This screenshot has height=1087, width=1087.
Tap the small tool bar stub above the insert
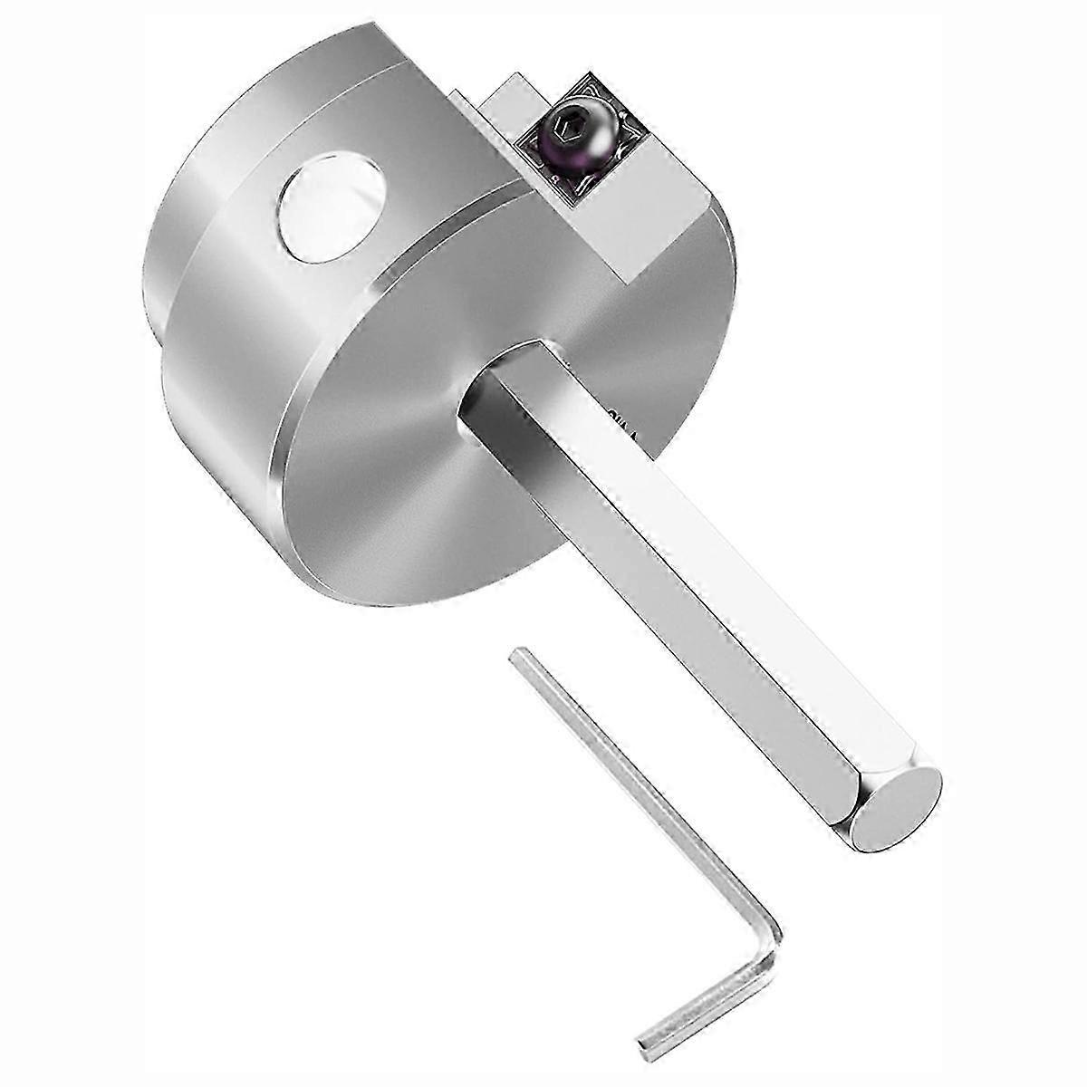coord(512,104)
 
